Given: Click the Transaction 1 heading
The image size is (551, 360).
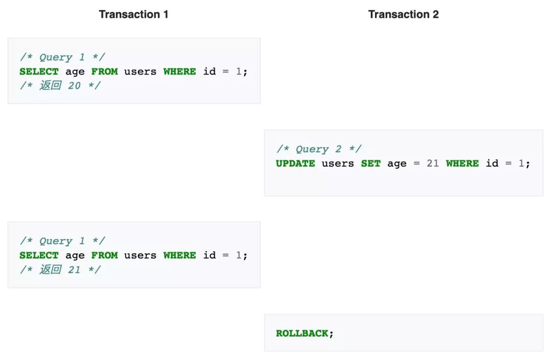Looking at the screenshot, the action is point(134,14).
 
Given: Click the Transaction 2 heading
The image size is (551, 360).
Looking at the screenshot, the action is point(404,14).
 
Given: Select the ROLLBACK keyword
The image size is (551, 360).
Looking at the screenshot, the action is point(302,333).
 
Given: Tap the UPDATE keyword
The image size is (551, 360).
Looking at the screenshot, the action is point(295,163).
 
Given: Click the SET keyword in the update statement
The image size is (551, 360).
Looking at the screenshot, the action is point(371,163).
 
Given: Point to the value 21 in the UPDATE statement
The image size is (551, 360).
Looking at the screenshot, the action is point(433,163).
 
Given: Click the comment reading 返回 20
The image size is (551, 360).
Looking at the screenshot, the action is point(60,85).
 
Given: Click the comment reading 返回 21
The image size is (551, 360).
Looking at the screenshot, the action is point(60,269).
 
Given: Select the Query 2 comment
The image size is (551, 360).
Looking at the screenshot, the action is point(319,149).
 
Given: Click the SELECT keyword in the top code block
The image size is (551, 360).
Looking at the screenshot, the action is point(39,71).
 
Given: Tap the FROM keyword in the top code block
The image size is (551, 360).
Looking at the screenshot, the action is point(105,71).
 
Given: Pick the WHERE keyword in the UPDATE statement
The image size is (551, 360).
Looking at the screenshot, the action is point(462,163).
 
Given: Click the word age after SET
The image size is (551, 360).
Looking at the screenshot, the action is point(397,164).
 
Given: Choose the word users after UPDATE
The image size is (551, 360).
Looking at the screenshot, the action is point(338,163).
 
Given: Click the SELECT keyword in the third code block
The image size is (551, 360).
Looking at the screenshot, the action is point(39,255).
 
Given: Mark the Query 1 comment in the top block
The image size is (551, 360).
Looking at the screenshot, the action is point(63,57).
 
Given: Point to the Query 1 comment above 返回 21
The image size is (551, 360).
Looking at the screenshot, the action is point(63,241).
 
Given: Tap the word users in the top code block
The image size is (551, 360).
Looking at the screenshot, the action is point(140,71).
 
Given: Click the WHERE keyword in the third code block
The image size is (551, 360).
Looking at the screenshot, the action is point(179,255).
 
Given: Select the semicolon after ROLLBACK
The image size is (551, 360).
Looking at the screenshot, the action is point(331,334).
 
